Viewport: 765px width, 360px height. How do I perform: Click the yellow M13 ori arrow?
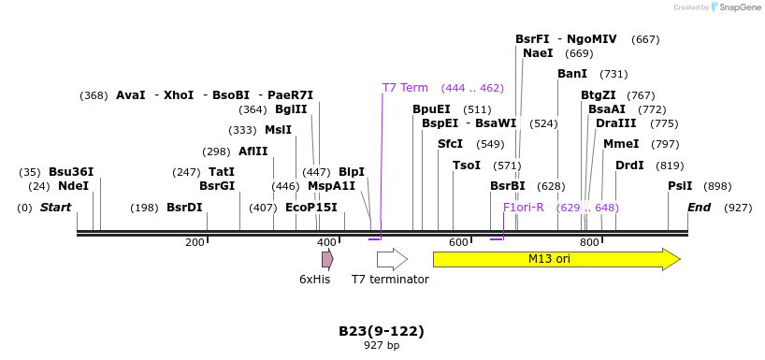coord(556,259)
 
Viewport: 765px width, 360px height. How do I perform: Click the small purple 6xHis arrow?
coord(327,259)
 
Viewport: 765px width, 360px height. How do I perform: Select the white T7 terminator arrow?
coord(392,259)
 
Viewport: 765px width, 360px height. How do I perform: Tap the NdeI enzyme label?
coord(73,186)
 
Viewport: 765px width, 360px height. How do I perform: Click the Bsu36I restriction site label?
coord(71,172)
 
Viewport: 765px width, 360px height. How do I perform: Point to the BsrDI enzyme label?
coord(184,208)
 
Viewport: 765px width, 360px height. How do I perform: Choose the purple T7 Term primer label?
coord(405,88)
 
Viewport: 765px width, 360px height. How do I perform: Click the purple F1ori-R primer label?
coord(523,208)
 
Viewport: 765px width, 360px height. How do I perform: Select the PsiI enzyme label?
coord(680,186)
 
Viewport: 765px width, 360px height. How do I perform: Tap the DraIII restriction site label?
coord(615,123)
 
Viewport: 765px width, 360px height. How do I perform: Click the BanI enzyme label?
coord(572,74)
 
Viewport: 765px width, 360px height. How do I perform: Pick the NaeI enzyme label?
coord(538,53)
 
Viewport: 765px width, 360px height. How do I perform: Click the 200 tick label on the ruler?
coord(195,243)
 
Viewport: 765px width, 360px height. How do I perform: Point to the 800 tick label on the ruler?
coord(589,243)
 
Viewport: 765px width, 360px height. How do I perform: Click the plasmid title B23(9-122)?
coord(382,331)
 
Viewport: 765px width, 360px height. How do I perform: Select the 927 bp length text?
coord(382,346)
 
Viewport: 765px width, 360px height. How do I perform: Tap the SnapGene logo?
coord(736,7)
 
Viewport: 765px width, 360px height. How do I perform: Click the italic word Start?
coord(55,208)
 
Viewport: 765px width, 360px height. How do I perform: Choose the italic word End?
coord(699,208)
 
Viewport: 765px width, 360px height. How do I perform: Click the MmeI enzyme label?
coord(621,144)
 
